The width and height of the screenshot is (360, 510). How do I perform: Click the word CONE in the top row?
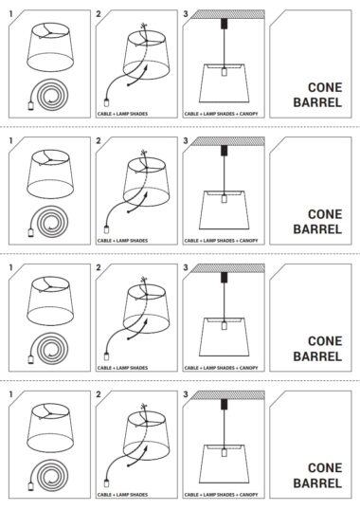[x=325, y=87]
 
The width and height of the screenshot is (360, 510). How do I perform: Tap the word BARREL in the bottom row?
[x=317, y=483]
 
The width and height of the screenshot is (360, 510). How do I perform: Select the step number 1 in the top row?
[x=11, y=14]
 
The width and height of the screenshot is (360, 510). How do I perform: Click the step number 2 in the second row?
[x=99, y=141]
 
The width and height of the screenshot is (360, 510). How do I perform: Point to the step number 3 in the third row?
[x=186, y=267]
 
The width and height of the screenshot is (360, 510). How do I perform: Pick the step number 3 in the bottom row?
[x=186, y=394]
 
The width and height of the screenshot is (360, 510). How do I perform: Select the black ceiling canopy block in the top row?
[x=224, y=24]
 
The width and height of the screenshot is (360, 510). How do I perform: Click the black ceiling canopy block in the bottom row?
[x=224, y=404]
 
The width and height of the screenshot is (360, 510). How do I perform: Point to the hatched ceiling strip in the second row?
[x=227, y=141]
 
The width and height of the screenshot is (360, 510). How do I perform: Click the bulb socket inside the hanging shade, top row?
[x=224, y=72]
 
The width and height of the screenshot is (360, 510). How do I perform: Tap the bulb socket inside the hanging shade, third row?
[x=224, y=325]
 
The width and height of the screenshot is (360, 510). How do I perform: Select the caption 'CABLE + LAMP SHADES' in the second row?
[x=122, y=241]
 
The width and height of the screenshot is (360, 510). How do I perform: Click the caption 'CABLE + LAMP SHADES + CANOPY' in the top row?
[x=221, y=114]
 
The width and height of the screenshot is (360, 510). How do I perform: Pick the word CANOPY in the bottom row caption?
[x=248, y=495]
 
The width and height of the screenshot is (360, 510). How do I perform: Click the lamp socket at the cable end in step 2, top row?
[x=106, y=102]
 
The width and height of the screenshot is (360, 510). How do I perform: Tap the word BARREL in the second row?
[x=317, y=229]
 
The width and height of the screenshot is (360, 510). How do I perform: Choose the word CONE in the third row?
[x=325, y=341]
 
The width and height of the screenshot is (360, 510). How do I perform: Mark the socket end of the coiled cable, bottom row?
[x=31, y=486]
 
